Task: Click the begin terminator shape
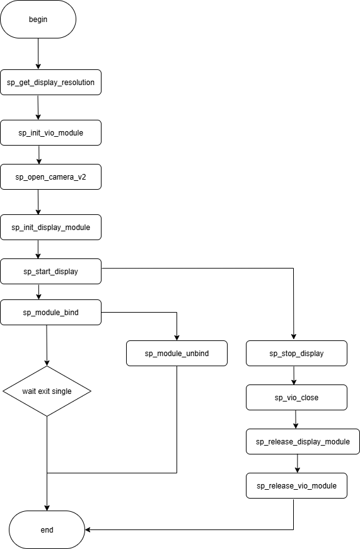38,20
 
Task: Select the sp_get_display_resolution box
50,83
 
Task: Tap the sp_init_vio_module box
50,133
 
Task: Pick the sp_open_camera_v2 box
50,177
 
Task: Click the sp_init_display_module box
50,228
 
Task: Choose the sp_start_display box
50,272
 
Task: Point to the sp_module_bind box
50,312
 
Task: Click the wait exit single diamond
47,391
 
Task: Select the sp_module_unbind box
177,354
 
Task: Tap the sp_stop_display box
296,354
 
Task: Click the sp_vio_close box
296,398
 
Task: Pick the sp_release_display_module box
303,442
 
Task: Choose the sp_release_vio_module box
296,486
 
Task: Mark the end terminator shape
47,530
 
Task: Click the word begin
38,20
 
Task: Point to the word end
47,530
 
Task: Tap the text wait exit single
47,391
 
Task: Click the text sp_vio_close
296,398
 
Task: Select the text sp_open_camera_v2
50,177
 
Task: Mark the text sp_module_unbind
177,354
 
